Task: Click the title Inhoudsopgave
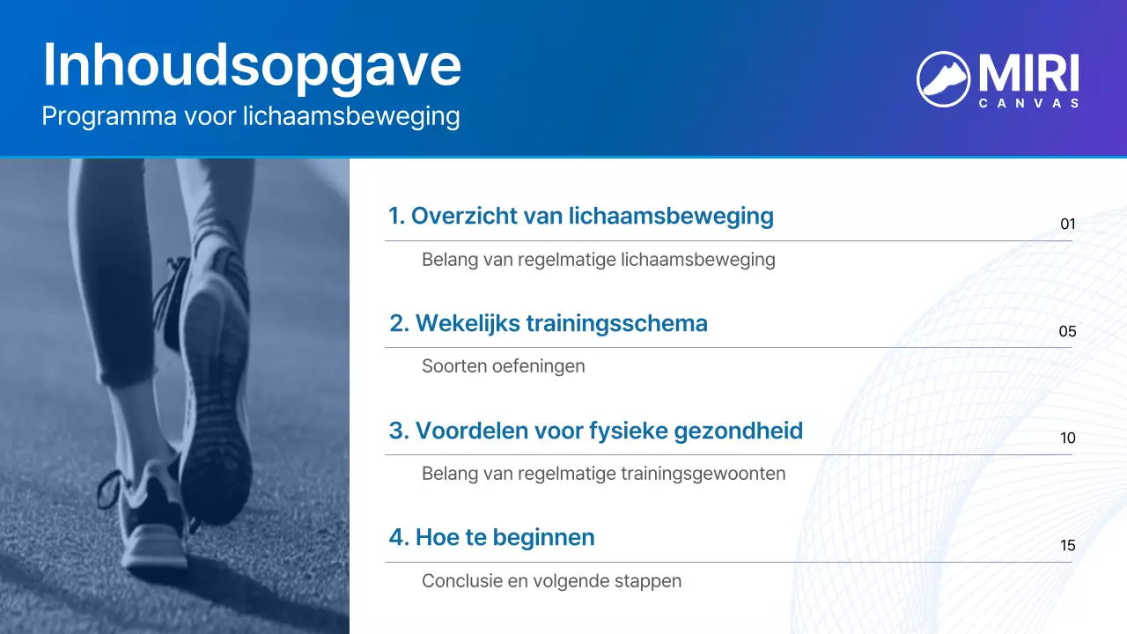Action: point(252,64)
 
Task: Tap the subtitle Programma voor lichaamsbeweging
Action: point(251,116)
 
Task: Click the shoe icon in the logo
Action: point(943,78)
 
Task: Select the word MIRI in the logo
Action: point(1028,74)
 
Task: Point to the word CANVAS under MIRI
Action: point(1028,103)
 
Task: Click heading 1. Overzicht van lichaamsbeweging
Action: point(581,216)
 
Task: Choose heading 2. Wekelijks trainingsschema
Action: point(549,323)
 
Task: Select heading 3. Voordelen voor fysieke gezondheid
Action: point(596,431)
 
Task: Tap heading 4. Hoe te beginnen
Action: point(492,537)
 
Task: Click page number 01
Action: point(1068,224)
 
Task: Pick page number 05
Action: point(1067,332)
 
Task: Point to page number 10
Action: point(1068,439)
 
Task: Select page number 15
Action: point(1068,546)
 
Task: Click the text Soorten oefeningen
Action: point(504,365)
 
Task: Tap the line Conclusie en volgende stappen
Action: point(552,581)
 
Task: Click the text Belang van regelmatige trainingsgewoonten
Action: point(604,474)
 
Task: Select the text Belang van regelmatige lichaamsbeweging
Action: point(599,260)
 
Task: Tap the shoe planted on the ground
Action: point(150,520)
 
